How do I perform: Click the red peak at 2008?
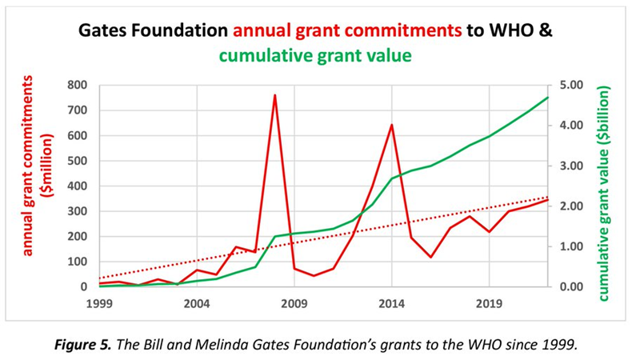(275, 95)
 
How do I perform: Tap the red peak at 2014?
(392, 125)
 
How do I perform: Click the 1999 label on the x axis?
(99, 303)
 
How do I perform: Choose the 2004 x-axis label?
(197, 303)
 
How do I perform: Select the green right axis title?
(604, 186)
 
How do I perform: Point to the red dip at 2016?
(430, 258)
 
